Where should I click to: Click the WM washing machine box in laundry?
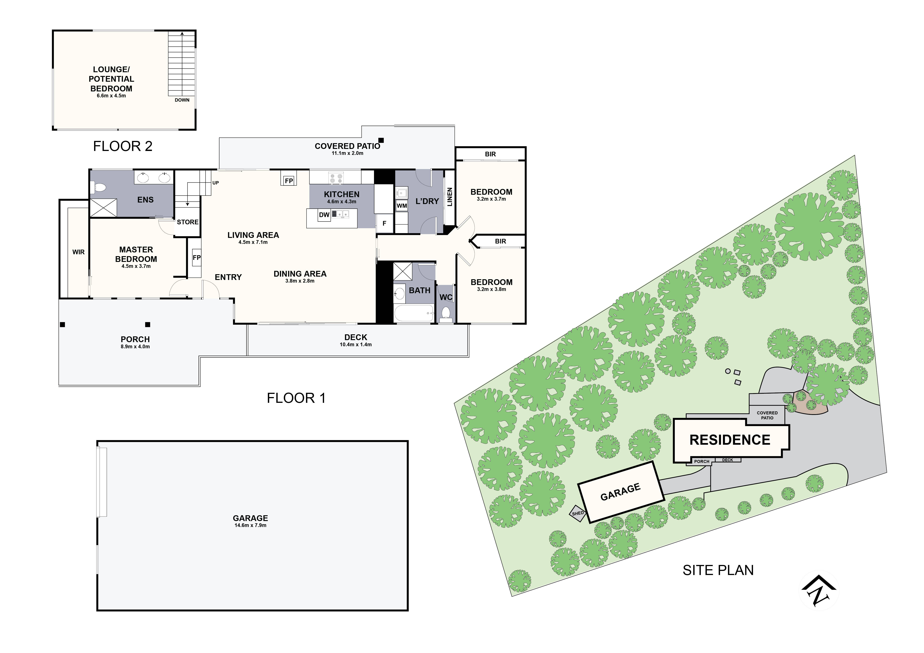click(402, 206)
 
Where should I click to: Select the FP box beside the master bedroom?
click(196, 258)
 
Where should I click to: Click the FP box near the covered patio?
click(289, 181)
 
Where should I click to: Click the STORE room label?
click(188, 222)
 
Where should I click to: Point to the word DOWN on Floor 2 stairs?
click(182, 100)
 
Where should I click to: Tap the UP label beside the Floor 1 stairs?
click(216, 183)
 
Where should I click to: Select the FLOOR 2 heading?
click(123, 146)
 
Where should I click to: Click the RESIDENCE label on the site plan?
click(730, 440)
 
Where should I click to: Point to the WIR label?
click(78, 252)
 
